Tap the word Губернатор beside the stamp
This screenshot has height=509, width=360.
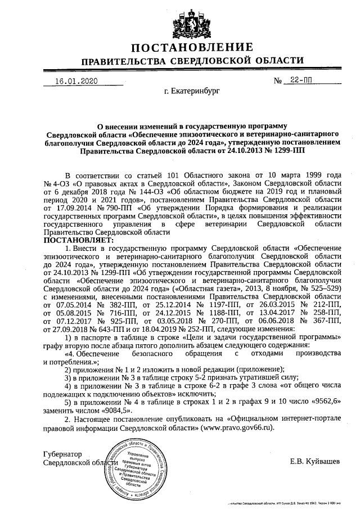(x=62, y=454)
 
